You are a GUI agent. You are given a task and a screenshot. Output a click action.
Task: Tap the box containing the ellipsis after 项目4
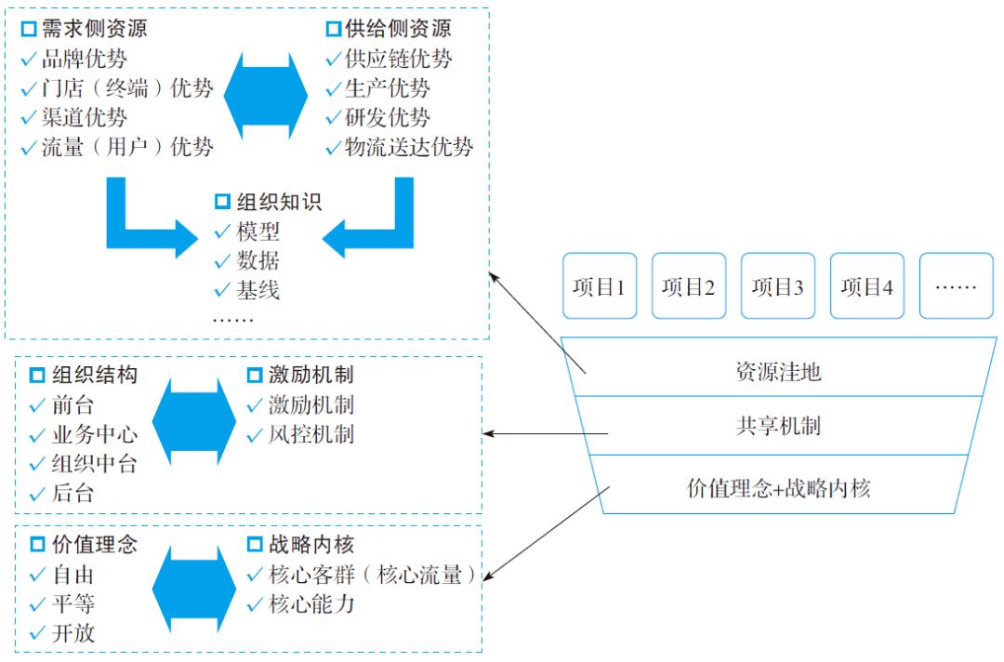956,286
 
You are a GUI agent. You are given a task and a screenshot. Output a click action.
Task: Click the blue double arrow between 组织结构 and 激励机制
191,419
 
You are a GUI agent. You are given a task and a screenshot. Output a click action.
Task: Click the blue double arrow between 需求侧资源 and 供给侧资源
268,90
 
